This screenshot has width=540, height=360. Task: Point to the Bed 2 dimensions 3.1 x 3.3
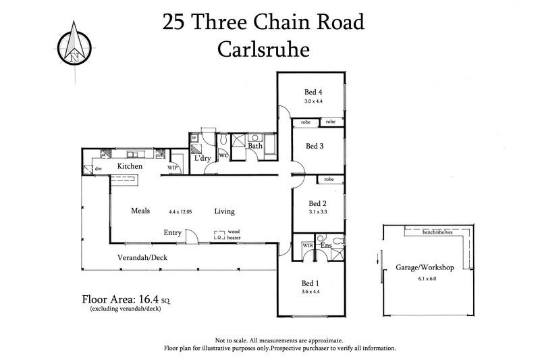pos(317,212)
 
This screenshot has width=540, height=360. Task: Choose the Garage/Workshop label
pos(424,267)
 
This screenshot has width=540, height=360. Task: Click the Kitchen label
pos(130,166)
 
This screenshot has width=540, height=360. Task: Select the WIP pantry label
pos(173,168)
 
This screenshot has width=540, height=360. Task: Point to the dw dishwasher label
pos(98,169)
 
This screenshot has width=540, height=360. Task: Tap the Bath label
pos(254,145)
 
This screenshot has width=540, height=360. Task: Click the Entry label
pos(173,233)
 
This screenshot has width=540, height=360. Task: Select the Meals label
pos(140,211)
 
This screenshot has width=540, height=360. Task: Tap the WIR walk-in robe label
pos(307,245)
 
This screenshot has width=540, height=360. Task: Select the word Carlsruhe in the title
pos(263,49)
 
